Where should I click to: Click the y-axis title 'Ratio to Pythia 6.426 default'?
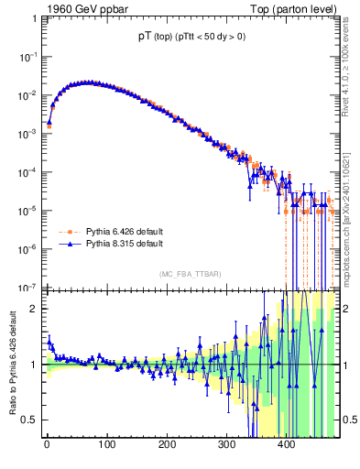click(x=14, y=365)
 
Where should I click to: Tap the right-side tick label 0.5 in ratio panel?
click(x=347, y=420)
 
